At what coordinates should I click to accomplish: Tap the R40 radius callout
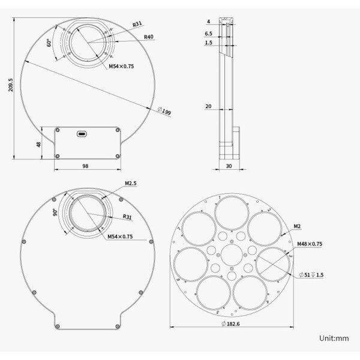point(149,37)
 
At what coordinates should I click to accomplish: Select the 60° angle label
point(49,43)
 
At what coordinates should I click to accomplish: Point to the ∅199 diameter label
point(164,111)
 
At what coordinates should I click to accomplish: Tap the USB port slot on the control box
point(82,134)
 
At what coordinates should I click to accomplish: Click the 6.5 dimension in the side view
point(208,34)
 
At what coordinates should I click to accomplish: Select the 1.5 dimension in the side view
point(208,43)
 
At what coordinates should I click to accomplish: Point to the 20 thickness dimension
point(208,106)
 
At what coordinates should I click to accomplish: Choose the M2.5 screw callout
point(131,184)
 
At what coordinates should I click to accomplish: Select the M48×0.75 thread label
point(310,244)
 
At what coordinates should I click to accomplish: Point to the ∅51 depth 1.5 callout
point(312,274)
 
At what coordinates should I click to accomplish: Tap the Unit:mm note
point(334,338)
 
